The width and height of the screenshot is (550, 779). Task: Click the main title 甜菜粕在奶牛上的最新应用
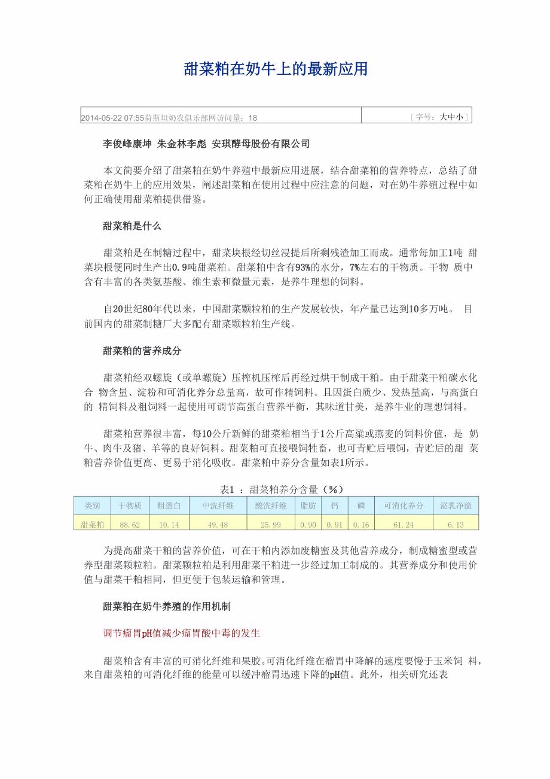click(275, 70)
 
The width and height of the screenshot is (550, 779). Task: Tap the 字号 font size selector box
click(439, 117)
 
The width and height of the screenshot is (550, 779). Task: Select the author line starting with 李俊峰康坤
click(206, 144)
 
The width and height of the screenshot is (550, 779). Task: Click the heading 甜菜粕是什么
click(132, 226)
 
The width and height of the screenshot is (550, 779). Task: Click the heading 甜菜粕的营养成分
click(142, 351)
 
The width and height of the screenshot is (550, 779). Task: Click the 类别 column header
click(92, 506)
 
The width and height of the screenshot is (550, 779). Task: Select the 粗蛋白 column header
click(169, 506)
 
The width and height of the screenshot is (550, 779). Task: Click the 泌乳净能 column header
click(456, 506)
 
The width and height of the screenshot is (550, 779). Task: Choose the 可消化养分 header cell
click(404, 506)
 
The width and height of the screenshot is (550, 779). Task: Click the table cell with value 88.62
click(130, 525)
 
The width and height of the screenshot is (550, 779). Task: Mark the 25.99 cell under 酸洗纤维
click(271, 525)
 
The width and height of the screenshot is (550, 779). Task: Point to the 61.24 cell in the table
click(404, 525)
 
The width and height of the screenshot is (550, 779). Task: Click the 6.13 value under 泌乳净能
click(456, 525)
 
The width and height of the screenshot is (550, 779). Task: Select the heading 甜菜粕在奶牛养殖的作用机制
click(167, 606)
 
